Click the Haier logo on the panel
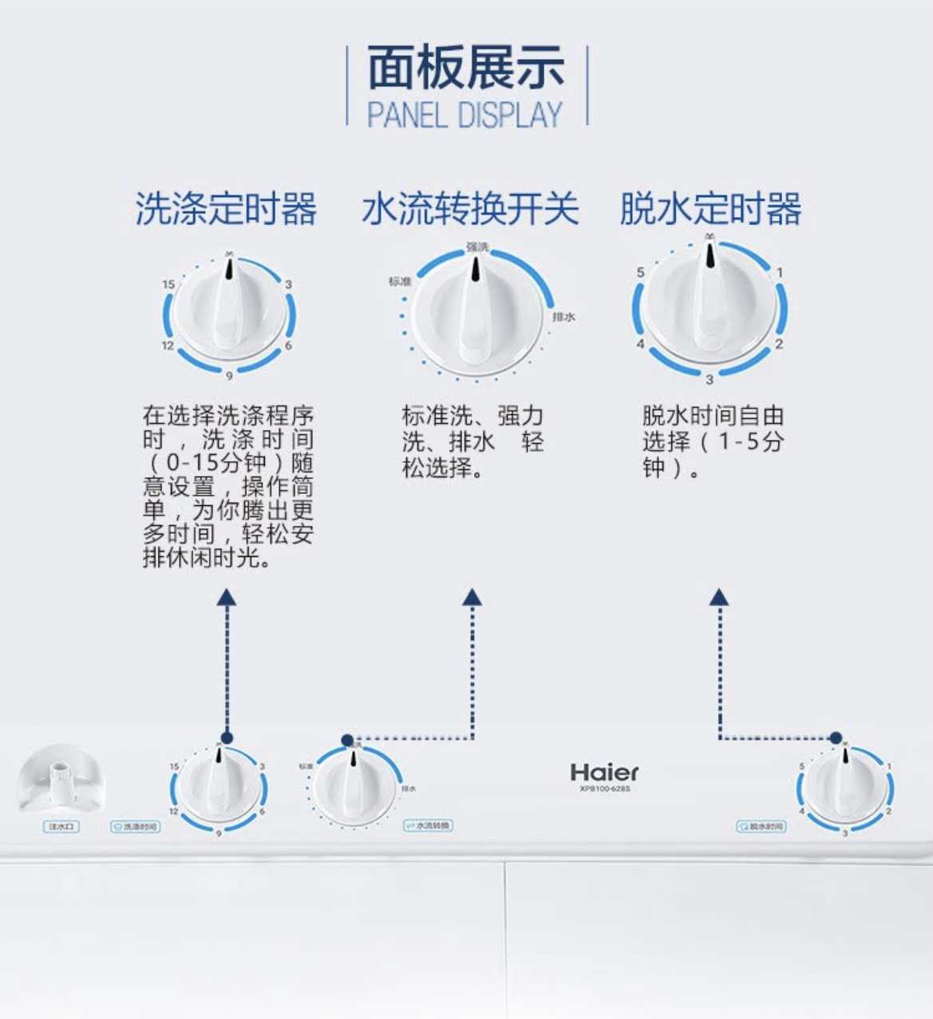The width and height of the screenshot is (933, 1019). pyautogui.click(x=604, y=772)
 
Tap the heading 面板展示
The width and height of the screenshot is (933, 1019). pyautogui.click(x=466, y=69)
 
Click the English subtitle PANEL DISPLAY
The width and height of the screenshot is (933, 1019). pyautogui.click(x=465, y=115)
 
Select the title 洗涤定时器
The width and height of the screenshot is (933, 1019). pyautogui.click(x=226, y=209)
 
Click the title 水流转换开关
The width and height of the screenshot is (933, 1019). pyautogui.click(x=470, y=209)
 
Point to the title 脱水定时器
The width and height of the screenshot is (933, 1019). pyautogui.click(x=710, y=209)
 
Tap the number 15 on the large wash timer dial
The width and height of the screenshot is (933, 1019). pyautogui.click(x=168, y=284)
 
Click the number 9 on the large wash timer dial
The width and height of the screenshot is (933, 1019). pyautogui.click(x=229, y=376)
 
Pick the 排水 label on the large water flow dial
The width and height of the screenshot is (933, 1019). pyautogui.click(x=563, y=318)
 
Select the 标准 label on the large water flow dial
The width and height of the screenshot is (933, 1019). pyautogui.click(x=399, y=281)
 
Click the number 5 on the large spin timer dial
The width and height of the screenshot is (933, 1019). pyautogui.click(x=640, y=273)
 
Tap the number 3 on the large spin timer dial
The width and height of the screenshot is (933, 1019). pyautogui.click(x=710, y=378)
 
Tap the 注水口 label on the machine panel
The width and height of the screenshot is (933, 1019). pyautogui.click(x=61, y=827)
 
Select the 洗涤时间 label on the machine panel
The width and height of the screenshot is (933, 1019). pyautogui.click(x=135, y=827)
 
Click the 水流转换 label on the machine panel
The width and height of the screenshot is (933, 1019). pyautogui.click(x=429, y=825)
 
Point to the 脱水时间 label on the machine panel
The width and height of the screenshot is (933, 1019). pyautogui.click(x=761, y=826)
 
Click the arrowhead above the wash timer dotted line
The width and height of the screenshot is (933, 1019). pyautogui.click(x=227, y=597)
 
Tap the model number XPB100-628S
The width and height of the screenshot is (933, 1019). pyautogui.click(x=605, y=789)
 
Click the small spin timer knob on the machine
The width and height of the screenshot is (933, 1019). pyautogui.click(x=845, y=787)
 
